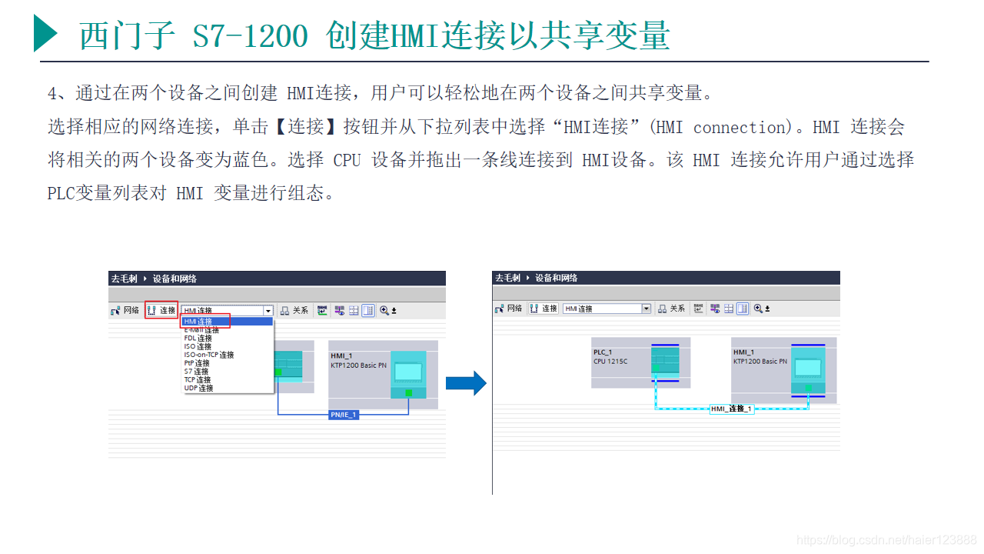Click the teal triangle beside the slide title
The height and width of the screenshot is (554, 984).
[x=45, y=34]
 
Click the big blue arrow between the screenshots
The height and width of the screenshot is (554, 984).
[x=466, y=382]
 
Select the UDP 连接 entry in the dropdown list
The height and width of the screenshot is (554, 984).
[x=198, y=389]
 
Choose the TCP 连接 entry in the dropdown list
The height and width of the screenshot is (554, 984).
[x=198, y=380]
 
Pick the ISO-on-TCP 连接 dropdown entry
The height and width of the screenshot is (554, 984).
[x=208, y=355]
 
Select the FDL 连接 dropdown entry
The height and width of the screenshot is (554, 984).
[x=198, y=339]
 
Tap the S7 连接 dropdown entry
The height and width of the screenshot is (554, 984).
[x=196, y=372]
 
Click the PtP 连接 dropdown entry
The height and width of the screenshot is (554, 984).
[x=197, y=363]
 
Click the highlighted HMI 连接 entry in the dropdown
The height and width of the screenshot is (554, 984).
[x=198, y=322]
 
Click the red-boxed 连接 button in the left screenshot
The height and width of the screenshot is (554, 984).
[x=161, y=311]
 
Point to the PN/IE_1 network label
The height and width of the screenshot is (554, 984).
[x=343, y=415]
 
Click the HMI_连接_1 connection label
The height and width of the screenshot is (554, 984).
[x=731, y=409]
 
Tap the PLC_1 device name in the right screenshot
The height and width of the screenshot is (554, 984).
[x=603, y=352]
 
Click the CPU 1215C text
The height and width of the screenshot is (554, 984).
[x=610, y=361]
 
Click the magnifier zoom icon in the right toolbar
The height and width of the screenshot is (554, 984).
[x=758, y=309]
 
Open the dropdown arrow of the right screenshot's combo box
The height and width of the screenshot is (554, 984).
[x=646, y=309]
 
